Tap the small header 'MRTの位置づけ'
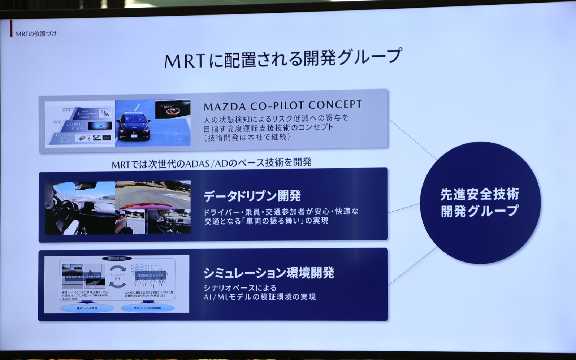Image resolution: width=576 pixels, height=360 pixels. (36, 34)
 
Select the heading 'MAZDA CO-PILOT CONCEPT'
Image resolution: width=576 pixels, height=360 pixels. (282, 105)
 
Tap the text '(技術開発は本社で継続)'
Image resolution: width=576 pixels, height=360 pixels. (247, 137)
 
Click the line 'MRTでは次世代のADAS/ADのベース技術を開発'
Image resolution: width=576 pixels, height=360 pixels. (211, 163)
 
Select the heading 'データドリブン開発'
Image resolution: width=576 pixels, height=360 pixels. (252, 196)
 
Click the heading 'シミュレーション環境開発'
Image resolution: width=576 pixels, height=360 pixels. (269, 273)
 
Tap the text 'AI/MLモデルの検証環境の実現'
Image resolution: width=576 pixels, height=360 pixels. (260, 297)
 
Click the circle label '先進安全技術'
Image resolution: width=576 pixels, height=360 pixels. (479, 195)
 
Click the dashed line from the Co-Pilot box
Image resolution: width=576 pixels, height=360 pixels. (412, 139)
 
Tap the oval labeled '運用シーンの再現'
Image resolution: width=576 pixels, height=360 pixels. (87, 308)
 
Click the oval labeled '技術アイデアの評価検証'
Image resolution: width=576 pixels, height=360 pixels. (147, 308)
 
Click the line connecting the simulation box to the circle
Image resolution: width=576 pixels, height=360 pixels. (412, 266)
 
